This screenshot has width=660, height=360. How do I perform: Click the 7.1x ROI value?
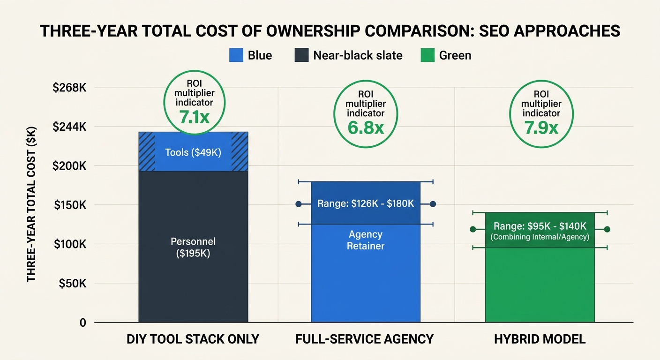[194, 116]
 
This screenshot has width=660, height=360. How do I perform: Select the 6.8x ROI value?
[366, 127]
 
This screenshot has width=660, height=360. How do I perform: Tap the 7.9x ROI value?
[541, 127]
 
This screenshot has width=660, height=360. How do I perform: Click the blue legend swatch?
[236, 55]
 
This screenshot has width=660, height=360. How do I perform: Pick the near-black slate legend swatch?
[301, 55]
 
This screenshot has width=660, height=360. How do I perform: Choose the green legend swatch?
[427, 55]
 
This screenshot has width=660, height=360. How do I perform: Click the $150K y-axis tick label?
[70, 205]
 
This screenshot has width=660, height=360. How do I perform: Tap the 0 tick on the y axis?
[82, 322]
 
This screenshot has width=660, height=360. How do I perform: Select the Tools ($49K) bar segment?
[193, 152]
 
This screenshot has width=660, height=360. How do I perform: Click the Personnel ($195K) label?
[193, 247]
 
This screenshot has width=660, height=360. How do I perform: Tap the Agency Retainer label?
[366, 240]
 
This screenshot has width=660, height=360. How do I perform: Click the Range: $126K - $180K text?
[366, 204]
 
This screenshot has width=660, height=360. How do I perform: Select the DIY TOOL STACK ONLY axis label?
[193, 339]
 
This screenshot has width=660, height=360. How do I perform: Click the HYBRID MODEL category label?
[540, 339]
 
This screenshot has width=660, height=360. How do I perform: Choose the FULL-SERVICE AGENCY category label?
[365, 339]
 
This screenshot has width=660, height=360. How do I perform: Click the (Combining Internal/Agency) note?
[540, 237]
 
